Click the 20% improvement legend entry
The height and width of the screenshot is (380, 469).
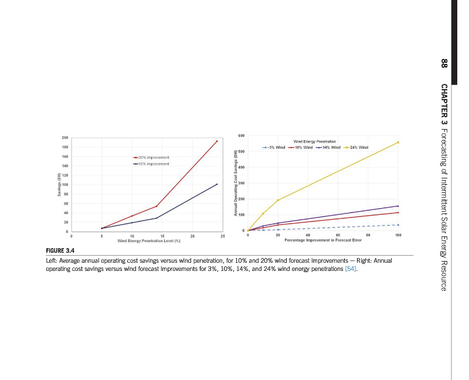[152, 158]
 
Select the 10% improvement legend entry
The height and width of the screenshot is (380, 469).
[152, 164]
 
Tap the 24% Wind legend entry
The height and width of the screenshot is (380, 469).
[355, 147]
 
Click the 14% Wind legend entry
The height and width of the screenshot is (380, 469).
[328, 147]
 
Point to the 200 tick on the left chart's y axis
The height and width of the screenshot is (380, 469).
[64, 138]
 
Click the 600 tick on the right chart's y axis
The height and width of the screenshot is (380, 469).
[241, 136]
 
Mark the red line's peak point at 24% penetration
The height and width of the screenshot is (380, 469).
[217, 141]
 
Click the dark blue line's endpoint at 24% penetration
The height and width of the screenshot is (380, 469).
[217, 184]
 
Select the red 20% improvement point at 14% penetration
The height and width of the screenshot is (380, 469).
[157, 206]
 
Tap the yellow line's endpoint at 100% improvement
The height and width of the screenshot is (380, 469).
[398, 142]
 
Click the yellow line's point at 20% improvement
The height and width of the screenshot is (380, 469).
[278, 200]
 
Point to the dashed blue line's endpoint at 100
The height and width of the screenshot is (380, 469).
[398, 225]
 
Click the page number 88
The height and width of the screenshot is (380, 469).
[444, 63]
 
